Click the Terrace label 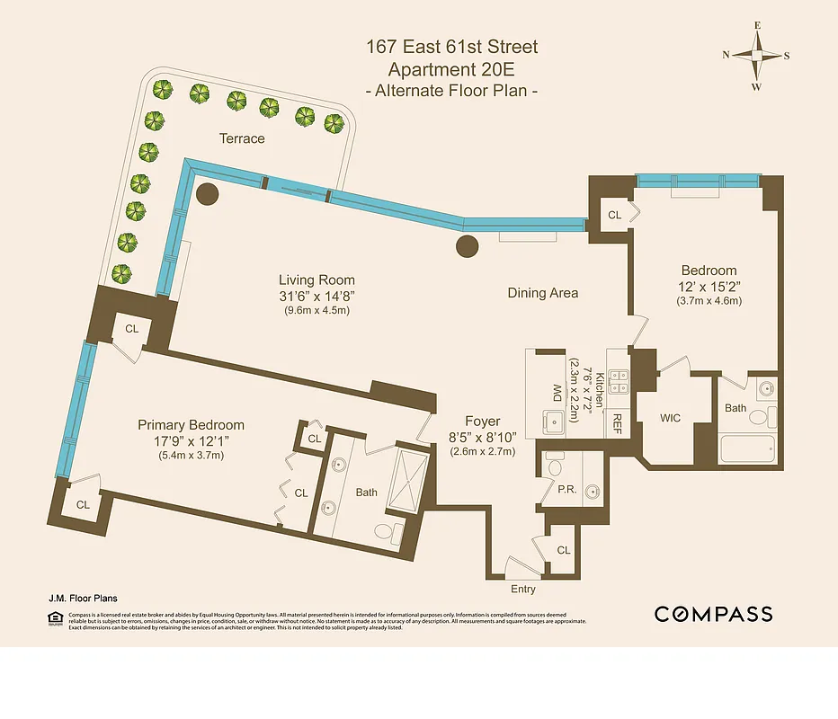[x=242, y=138]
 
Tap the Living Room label [x=316, y=280]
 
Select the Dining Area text [x=542, y=293]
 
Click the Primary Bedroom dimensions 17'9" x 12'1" [x=191, y=441]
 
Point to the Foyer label [x=482, y=421]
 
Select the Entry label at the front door [x=522, y=590]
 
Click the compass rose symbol [x=756, y=55]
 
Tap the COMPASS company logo [x=713, y=615]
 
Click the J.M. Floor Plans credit [x=83, y=598]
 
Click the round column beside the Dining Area [x=468, y=245]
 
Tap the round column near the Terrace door [x=208, y=193]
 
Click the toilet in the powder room [x=555, y=466]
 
